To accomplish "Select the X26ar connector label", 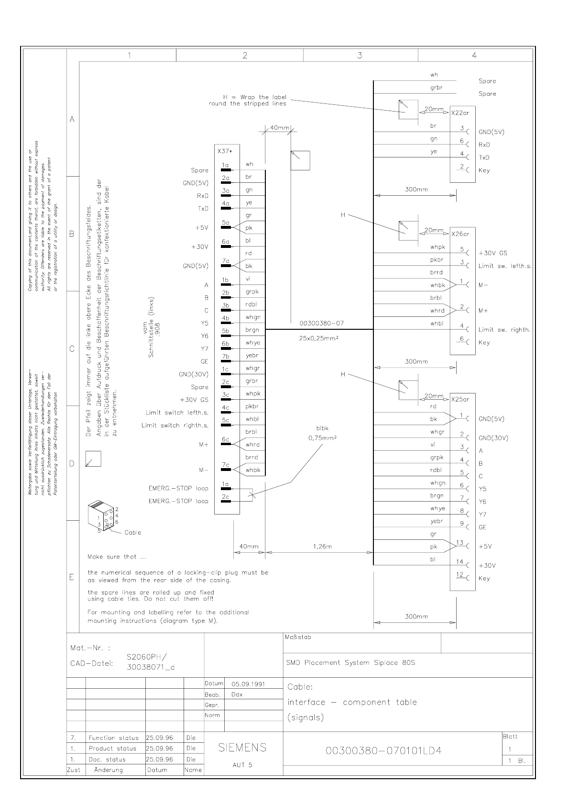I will pyautogui.click(x=460, y=234).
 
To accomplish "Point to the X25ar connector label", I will pyautogui.click(x=460, y=400).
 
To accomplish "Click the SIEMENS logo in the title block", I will pyautogui.click(x=242, y=748).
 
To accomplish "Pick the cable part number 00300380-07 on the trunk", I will pyautogui.click(x=321, y=323).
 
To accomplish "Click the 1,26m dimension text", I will pyautogui.click(x=323, y=546).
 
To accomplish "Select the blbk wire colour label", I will pyautogui.click(x=323, y=428).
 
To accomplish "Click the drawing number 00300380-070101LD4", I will pyautogui.click(x=383, y=750).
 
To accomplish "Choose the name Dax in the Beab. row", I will pyautogui.click(x=238, y=694).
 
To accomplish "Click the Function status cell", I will pyautogui.click(x=113, y=738).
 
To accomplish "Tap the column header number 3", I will pyautogui.click(x=360, y=56).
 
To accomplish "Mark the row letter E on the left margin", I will pyautogui.click(x=72, y=577).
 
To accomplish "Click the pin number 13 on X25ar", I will pyautogui.click(x=459, y=542).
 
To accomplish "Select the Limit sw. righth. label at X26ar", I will pyautogui.click(x=504, y=330).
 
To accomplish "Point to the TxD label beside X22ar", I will pyautogui.click(x=484, y=157).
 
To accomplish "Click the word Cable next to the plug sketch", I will pyautogui.click(x=132, y=532).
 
